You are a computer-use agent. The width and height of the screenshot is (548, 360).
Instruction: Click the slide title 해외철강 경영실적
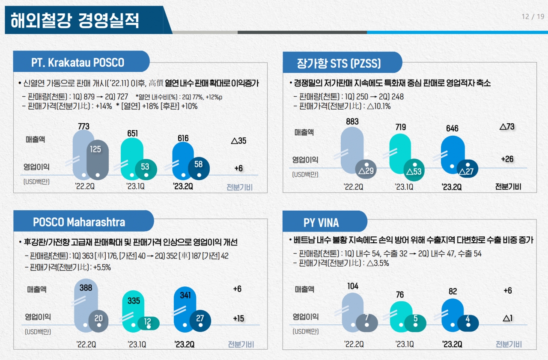pyautogui.click(x=75, y=20)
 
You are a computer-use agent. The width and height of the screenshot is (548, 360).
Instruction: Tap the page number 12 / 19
pyautogui.click(x=533, y=17)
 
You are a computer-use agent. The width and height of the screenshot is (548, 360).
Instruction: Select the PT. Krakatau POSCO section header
pyautogui.click(x=78, y=62)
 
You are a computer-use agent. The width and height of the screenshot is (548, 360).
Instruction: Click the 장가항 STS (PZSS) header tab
pyautogui.click(x=339, y=64)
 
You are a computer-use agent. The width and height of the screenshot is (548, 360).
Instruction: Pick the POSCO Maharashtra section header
pyautogui.click(x=79, y=222)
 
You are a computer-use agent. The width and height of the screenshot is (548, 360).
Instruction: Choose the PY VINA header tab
pyautogui.click(x=321, y=223)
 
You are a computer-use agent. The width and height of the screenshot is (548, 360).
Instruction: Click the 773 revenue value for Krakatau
pyautogui.click(x=84, y=126)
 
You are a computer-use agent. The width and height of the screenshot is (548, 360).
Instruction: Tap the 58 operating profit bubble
pyautogui.click(x=198, y=164)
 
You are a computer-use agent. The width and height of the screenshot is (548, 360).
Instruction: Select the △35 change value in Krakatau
pyautogui.click(x=238, y=140)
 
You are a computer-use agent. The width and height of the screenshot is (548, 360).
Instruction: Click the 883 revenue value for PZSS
pyautogui.click(x=352, y=122)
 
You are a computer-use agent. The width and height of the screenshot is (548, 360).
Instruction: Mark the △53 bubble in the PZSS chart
pyautogui.click(x=414, y=172)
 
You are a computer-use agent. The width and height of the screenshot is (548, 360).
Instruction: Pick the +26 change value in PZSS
pyautogui.click(x=507, y=159)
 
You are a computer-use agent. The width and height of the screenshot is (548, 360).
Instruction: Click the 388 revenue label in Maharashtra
pyautogui.click(x=86, y=288)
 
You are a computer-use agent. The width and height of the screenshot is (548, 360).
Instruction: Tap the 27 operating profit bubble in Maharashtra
pyautogui.click(x=200, y=318)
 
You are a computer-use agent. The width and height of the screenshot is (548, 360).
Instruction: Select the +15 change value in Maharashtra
pyautogui.click(x=238, y=318)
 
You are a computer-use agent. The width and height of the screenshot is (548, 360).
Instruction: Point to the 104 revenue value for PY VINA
pyautogui.click(x=353, y=286)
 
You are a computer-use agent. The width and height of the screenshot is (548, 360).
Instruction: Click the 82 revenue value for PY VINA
pyautogui.click(x=453, y=292)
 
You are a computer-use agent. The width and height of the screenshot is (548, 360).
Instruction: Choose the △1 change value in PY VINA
pyautogui.click(x=508, y=318)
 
